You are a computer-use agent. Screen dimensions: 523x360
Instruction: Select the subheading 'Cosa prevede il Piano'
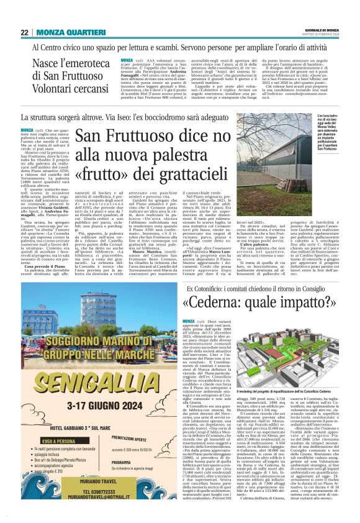tap(50, 248)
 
